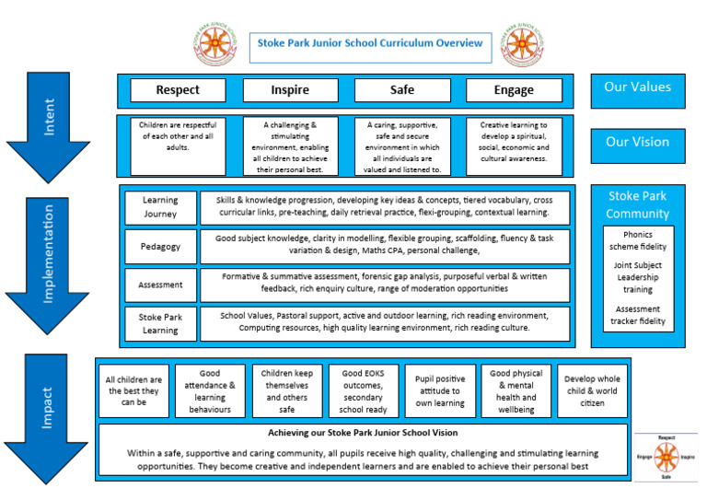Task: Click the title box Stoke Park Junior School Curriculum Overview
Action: coord(370,43)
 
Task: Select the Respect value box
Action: coord(178,90)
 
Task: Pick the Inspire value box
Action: coord(290,90)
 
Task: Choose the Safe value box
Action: coord(402,90)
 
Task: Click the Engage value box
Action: coord(514,90)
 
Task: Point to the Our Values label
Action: coord(637,88)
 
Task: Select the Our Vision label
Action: coord(637,143)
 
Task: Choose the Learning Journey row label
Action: coord(160,207)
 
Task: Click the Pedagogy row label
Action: coord(160,247)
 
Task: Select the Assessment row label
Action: coord(160,285)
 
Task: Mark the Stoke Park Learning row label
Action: coord(160,324)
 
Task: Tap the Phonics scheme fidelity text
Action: coord(638,240)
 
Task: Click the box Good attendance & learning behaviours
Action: coord(210,391)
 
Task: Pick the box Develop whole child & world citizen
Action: coord(593,391)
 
